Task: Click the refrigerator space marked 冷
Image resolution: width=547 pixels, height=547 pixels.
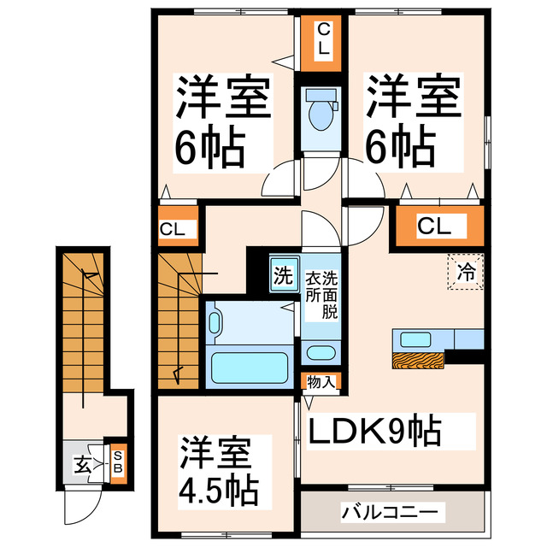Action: tap(467, 273)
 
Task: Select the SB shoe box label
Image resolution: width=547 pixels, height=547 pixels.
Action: tap(118, 462)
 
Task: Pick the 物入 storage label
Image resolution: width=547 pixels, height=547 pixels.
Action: tap(322, 383)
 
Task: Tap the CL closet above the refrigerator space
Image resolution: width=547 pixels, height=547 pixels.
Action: tap(434, 226)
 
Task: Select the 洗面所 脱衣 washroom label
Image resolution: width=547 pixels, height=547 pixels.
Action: tap(322, 292)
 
